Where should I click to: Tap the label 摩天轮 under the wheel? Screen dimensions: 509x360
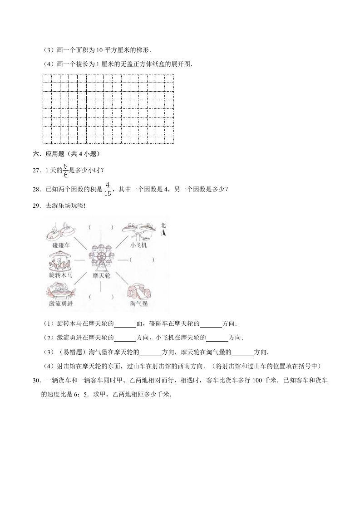101,275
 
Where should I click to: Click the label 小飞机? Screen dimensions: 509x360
138,245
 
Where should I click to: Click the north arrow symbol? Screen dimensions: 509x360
163,233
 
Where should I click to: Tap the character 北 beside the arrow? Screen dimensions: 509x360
163,225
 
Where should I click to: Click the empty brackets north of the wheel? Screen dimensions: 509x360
101,227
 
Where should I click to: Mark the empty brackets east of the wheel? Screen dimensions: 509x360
142,259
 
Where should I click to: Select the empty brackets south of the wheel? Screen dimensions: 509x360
101,297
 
